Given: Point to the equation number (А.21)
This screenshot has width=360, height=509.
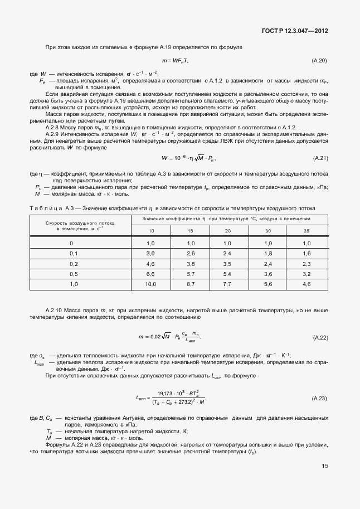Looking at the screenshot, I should (x=320, y=159).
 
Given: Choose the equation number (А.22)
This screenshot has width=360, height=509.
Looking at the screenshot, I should (x=320, y=338).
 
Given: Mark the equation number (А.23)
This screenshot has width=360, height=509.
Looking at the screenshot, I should (x=320, y=399).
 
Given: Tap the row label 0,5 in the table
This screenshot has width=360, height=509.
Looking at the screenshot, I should (x=71, y=274).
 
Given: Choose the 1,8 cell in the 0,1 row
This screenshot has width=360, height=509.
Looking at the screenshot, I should (x=267, y=254).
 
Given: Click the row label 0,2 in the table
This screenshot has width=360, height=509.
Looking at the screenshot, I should (x=71, y=264).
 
